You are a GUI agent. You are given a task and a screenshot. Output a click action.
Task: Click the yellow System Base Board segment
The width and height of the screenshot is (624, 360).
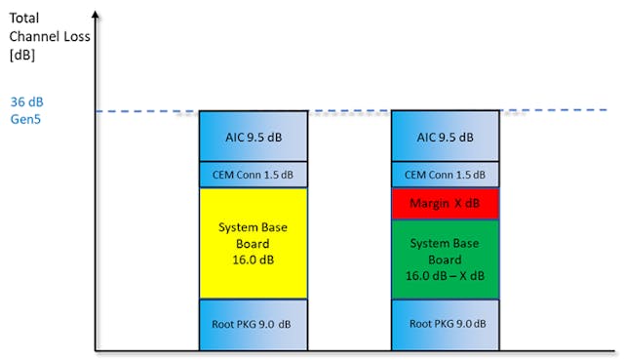click(253, 243)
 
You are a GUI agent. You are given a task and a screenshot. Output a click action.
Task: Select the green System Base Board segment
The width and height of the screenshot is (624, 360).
click(445, 259)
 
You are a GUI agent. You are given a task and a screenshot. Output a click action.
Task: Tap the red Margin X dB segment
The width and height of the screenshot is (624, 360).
click(445, 204)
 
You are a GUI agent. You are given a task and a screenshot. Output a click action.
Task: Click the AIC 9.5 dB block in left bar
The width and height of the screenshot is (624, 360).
click(253, 137)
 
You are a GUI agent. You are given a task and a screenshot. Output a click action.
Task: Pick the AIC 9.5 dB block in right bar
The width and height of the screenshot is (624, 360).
click(445, 137)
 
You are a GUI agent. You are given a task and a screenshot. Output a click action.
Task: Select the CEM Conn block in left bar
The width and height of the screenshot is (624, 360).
click(253, 176)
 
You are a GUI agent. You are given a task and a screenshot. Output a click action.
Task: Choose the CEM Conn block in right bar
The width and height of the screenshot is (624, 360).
click(445, 176)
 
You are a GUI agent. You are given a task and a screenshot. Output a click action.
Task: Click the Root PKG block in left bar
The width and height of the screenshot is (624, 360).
click(253, 324)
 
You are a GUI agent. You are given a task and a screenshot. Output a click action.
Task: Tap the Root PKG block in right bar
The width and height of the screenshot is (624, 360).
click(445, 324)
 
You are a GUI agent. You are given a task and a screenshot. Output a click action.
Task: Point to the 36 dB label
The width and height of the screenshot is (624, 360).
click(27, 100)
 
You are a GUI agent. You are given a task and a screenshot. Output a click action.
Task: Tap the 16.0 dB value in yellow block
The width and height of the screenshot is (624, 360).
click(253, 259)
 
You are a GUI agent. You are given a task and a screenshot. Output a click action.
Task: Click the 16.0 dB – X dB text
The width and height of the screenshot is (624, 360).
click(445, 276)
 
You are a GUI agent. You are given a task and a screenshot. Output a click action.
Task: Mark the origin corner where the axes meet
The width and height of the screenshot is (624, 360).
click(96, 349)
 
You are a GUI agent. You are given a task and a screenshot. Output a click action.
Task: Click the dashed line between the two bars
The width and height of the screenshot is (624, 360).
click(349, 111)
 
